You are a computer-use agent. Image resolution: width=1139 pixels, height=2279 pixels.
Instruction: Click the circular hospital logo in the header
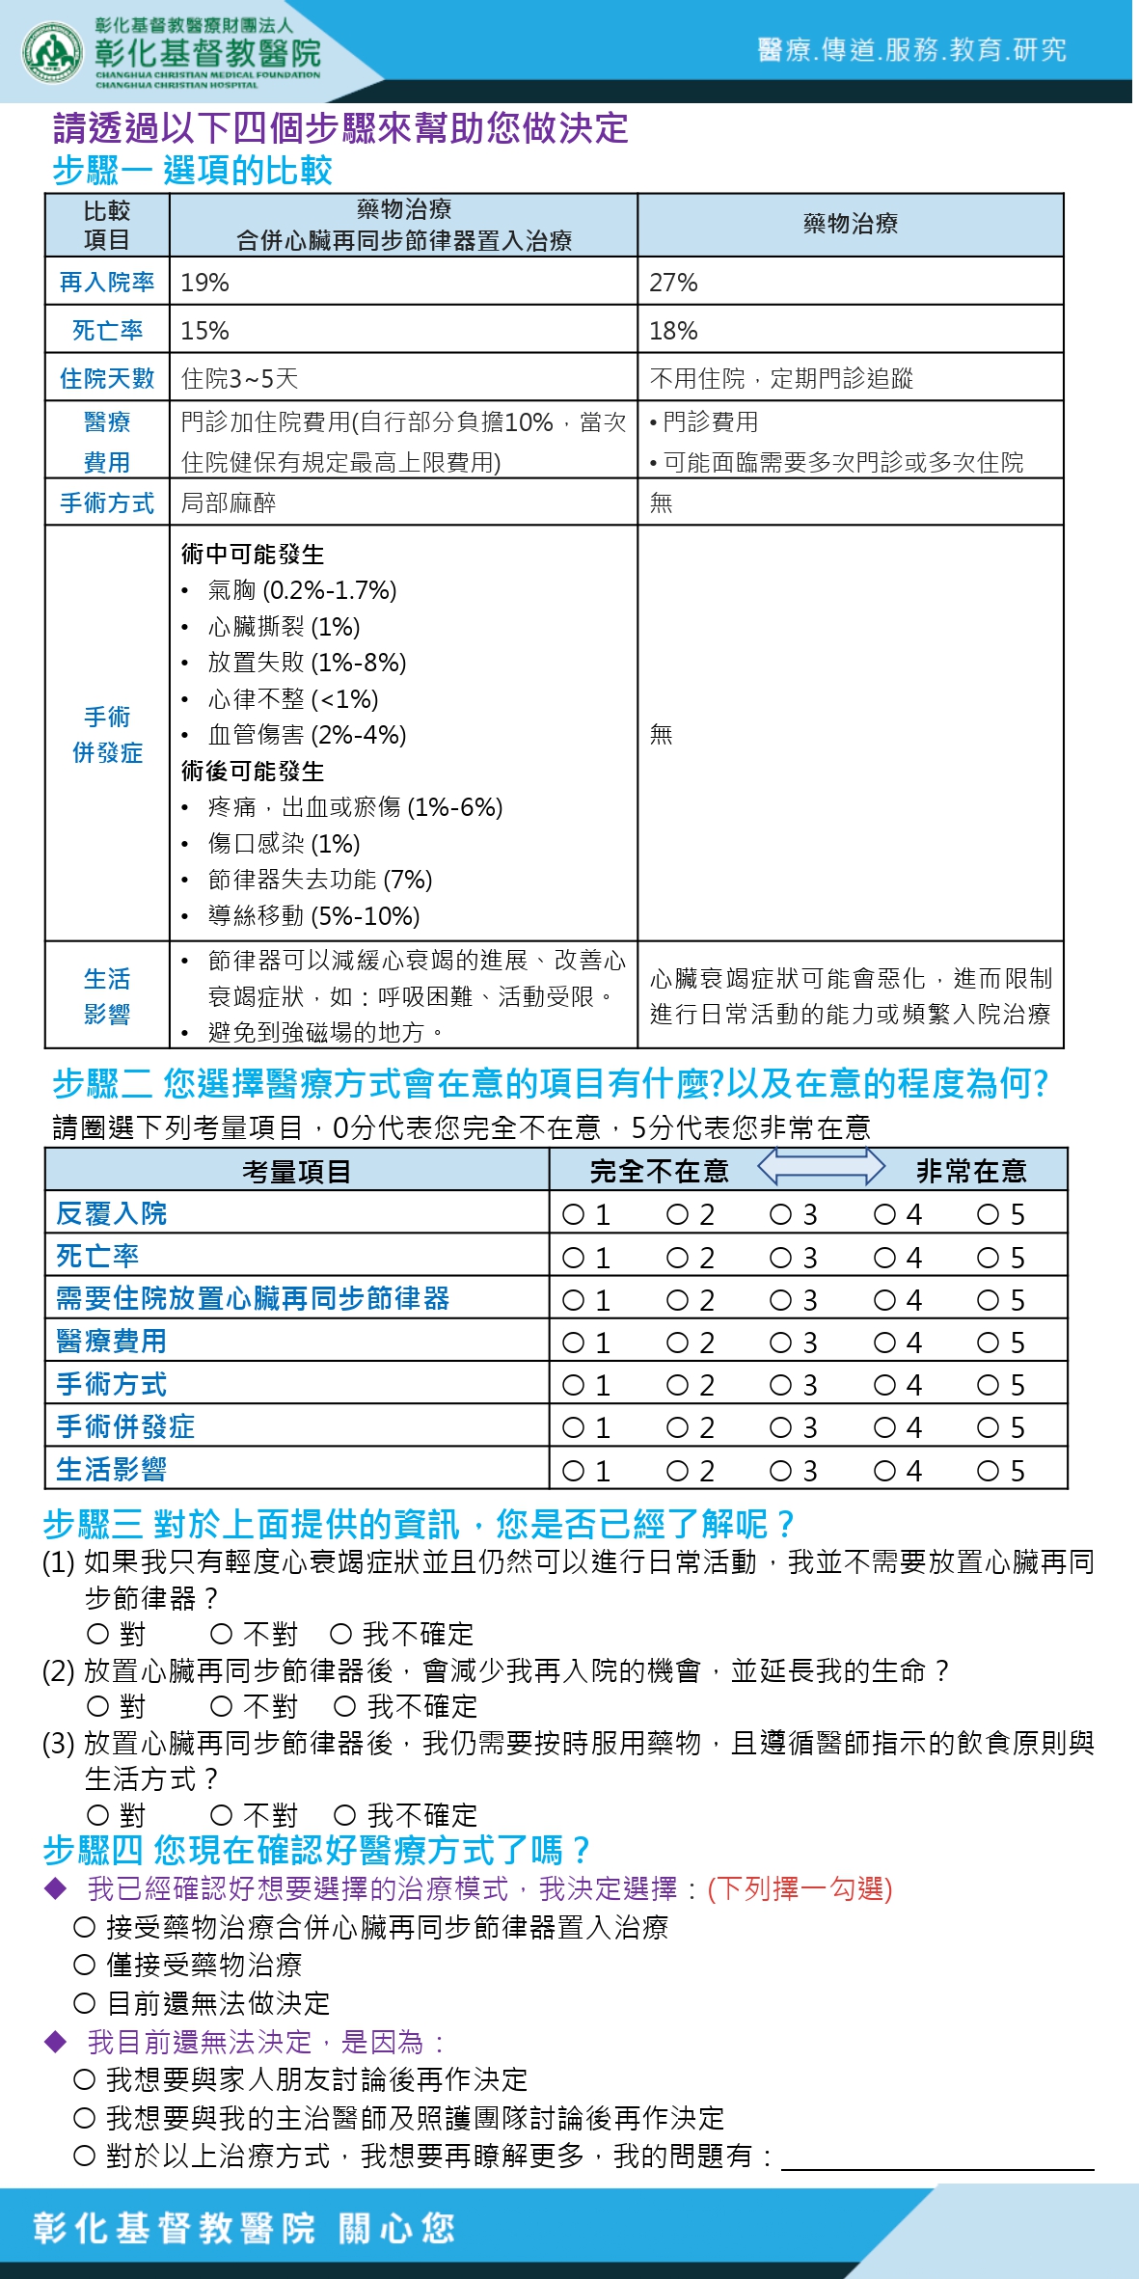[x=52, y=52]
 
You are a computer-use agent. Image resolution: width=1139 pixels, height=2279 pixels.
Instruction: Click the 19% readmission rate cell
[x=204, y=283]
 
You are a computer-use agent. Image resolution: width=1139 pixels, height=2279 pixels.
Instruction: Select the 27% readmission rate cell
[x=673, y=283]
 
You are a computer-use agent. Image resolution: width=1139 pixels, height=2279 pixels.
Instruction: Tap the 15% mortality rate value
[x=204, y=331]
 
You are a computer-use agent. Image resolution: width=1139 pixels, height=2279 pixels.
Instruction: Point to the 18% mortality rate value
[x=673, y=331]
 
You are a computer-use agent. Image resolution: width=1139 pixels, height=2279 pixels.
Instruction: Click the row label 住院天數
[x=107, y=378]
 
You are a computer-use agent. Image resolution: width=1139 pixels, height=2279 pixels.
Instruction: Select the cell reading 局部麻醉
[x=229, y=502]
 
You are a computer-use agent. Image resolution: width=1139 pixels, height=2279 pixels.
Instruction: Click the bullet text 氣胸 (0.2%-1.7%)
[x=302, y=590]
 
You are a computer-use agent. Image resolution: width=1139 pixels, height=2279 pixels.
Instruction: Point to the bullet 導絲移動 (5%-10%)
[x=313, y=915]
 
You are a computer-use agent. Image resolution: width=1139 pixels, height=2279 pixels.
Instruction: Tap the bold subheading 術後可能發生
[x=253, y=772]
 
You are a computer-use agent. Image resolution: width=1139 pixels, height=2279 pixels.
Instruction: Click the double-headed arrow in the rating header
[x=821, y=1167]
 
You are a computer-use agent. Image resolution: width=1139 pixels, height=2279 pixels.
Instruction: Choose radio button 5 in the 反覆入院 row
[x=988, y=1214]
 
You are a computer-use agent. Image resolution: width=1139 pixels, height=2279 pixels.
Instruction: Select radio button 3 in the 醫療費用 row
[x=780, y=1343]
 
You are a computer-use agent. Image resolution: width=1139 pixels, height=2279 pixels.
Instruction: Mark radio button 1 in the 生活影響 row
[x=573, y=1471]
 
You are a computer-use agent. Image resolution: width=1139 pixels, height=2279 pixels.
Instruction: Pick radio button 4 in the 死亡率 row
[x=884, y=1258]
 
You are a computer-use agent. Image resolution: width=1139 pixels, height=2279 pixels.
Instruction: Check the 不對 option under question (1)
[x=222, y=1634]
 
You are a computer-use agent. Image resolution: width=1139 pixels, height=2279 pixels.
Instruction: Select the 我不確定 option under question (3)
[x=345, y=1815]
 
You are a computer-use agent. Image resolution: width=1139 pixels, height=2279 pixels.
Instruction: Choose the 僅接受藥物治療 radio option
[x=85, y=1965]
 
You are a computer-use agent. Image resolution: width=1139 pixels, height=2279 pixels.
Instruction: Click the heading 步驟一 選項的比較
[x=193, y=171]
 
